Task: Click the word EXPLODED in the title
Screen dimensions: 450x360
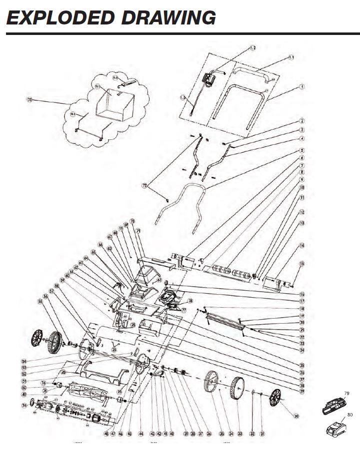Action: pos(59,17)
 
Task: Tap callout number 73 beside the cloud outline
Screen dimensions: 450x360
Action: pos(29,100)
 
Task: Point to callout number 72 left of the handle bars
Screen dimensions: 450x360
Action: pos(145,185)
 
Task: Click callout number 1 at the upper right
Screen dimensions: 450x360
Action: pos(301,86)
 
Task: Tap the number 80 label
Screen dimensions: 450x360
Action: pos(348,414)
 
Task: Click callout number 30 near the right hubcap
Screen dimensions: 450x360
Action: pos(297,416)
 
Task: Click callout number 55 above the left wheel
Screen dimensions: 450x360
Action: pos(40,302)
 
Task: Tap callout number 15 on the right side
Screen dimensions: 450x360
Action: pos(301,263)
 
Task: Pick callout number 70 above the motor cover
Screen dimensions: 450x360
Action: pos(132,221)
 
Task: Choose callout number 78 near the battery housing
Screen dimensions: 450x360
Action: pos(190,301)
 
